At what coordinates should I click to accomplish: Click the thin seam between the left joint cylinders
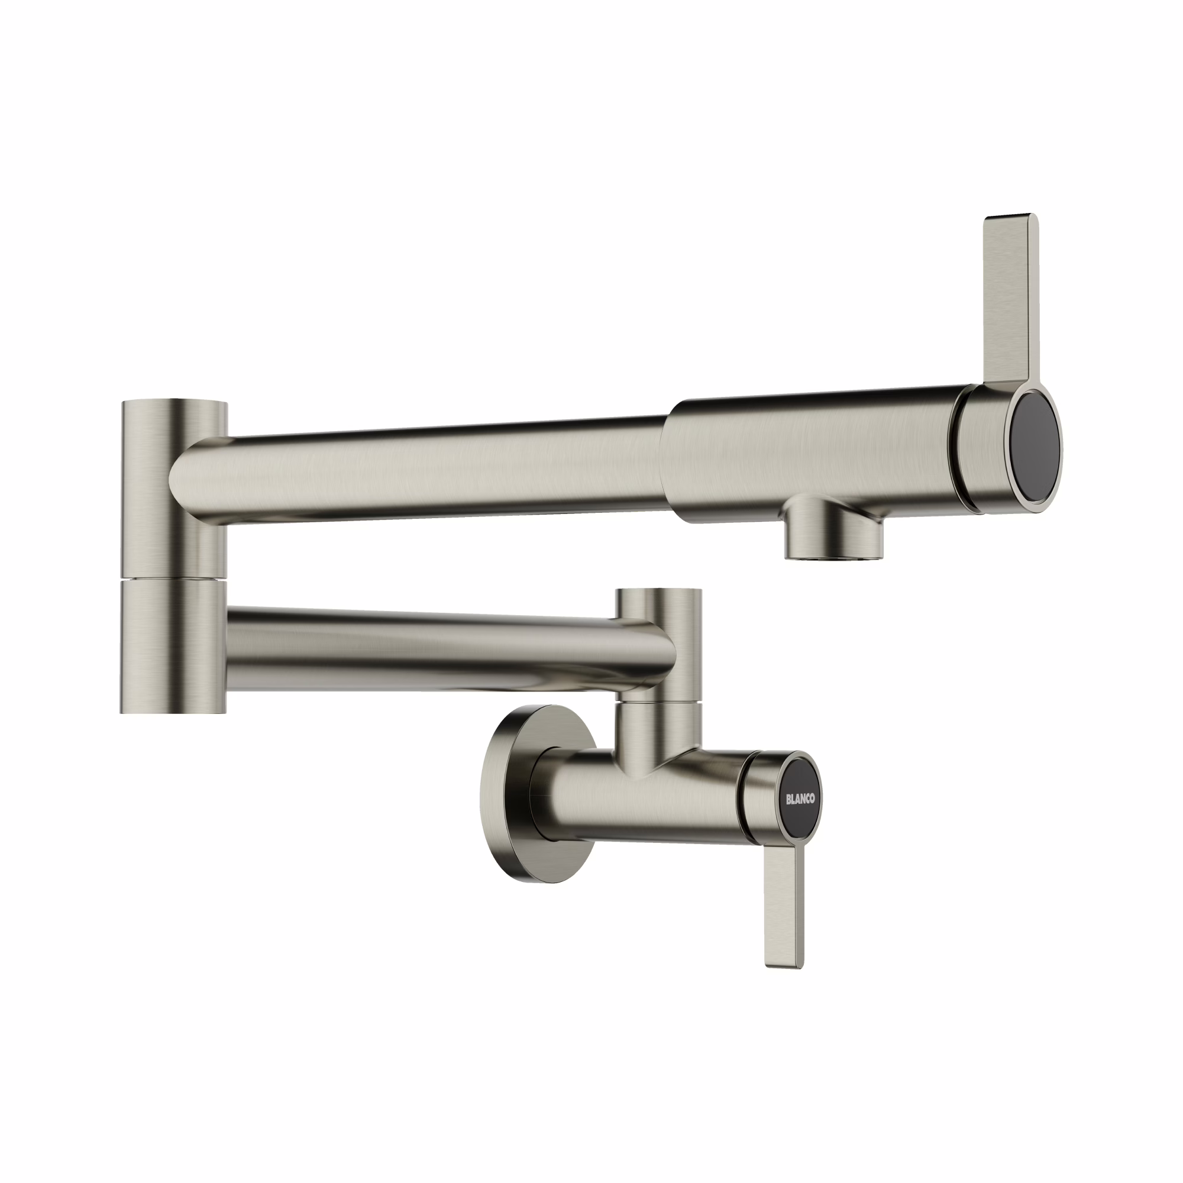coord(174,578)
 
